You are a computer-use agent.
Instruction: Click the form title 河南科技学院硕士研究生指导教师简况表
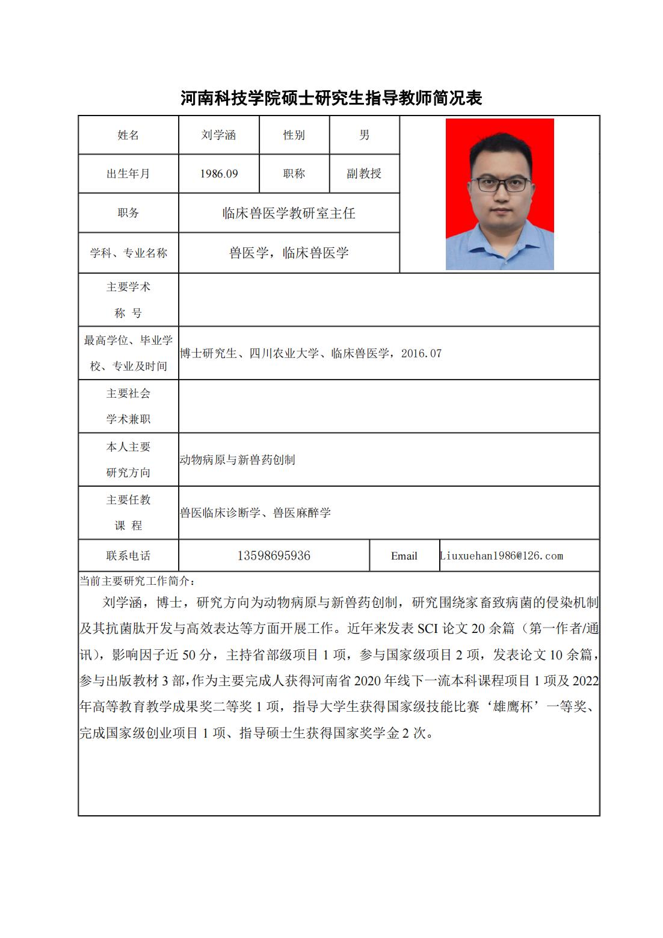click(x=331, y=98)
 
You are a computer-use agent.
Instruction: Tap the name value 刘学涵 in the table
click(x=218, y=135)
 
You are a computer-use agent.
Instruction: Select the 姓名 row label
click(x=128, y=135)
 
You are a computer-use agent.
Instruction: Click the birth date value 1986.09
click(x=219, y=174)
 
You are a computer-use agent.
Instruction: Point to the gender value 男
click(x=364, y=135)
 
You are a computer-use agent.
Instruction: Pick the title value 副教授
click(x=364, y=174)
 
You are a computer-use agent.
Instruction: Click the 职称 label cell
click(x=294, y=174)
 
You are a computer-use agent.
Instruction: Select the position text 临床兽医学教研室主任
click(x=289, y=213)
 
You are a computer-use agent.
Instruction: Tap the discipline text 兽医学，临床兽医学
click(x=289, y=253)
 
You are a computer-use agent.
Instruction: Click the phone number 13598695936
click(x=274, y=556)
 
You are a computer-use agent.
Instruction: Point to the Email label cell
click(x=404, y=556)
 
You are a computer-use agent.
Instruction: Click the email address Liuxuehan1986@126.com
click(x=502, y=556)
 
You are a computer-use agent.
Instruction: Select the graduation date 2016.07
click(x=421, y=354)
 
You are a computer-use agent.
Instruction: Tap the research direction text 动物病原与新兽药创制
click(x=237, y=460)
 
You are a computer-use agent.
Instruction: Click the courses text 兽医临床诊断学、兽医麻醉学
click(x=255, y=513)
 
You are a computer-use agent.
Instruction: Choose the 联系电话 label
click(x=128, y=556)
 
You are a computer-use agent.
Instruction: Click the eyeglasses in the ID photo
click(x=500, y=184)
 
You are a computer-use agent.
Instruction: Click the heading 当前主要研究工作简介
click(x=137, y=581)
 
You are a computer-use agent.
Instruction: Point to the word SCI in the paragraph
click(x=427, y=629)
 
